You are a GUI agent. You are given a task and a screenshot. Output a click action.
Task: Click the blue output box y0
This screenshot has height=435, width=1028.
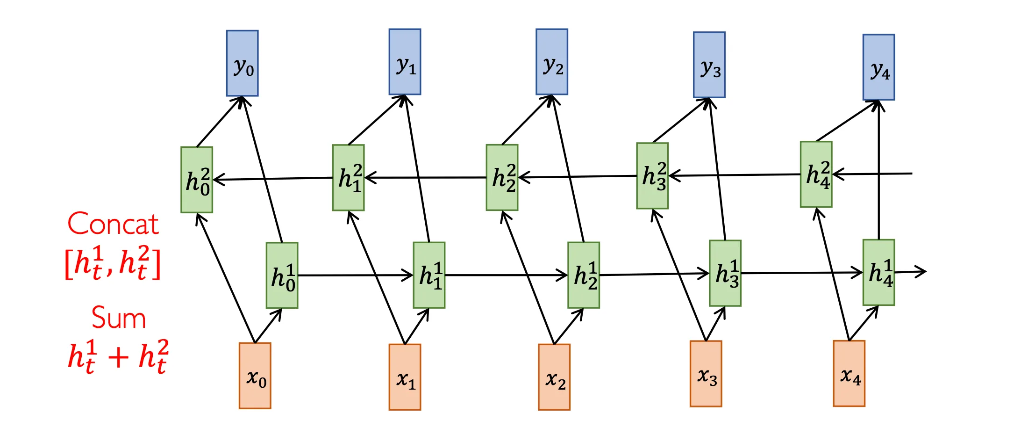[x=242, y=63]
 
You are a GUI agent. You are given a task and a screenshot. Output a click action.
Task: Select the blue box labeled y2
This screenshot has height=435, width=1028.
[x=551, y=62]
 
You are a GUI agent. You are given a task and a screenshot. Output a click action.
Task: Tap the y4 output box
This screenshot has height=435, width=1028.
[x=878, y=67]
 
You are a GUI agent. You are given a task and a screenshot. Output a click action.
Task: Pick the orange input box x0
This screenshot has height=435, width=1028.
[x=255, y=376]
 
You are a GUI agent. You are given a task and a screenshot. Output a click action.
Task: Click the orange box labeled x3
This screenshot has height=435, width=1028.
[x=706, y=374]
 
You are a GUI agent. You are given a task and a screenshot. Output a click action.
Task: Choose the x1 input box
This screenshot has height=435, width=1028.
[x=405, y=377]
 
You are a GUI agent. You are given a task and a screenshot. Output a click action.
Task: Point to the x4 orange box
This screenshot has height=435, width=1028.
[x=849, y=373]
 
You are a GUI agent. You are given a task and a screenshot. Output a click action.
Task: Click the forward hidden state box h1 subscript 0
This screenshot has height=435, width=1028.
[x=282, y=275]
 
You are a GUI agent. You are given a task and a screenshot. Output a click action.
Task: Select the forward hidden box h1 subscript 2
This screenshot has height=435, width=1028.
[x=584, y=275]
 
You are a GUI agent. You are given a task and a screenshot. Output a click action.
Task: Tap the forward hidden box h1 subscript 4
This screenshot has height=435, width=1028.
[x=878, y=272]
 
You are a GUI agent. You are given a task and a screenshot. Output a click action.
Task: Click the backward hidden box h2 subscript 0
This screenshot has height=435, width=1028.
[x=197, y=180]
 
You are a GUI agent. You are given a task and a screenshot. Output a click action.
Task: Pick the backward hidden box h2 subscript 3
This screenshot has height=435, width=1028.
[x=652, y=176]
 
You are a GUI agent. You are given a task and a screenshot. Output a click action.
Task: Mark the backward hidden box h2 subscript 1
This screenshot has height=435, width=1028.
[x=348, y=178]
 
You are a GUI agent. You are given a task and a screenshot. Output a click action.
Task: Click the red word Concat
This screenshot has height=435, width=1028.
[x=113, y=224]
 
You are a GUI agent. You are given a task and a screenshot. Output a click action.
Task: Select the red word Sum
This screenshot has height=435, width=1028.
[x=119, y=318]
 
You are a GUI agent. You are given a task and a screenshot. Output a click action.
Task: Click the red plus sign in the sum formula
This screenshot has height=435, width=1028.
[x=118, y=358]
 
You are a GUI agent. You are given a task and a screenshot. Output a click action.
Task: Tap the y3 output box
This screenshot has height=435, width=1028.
[x=709, y=65]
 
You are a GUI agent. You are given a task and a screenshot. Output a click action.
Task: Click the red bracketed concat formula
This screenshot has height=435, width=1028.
[x=113, y=263]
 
